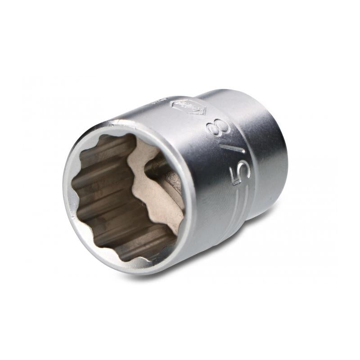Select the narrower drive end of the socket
[265, 148]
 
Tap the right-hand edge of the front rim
[191, 198]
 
